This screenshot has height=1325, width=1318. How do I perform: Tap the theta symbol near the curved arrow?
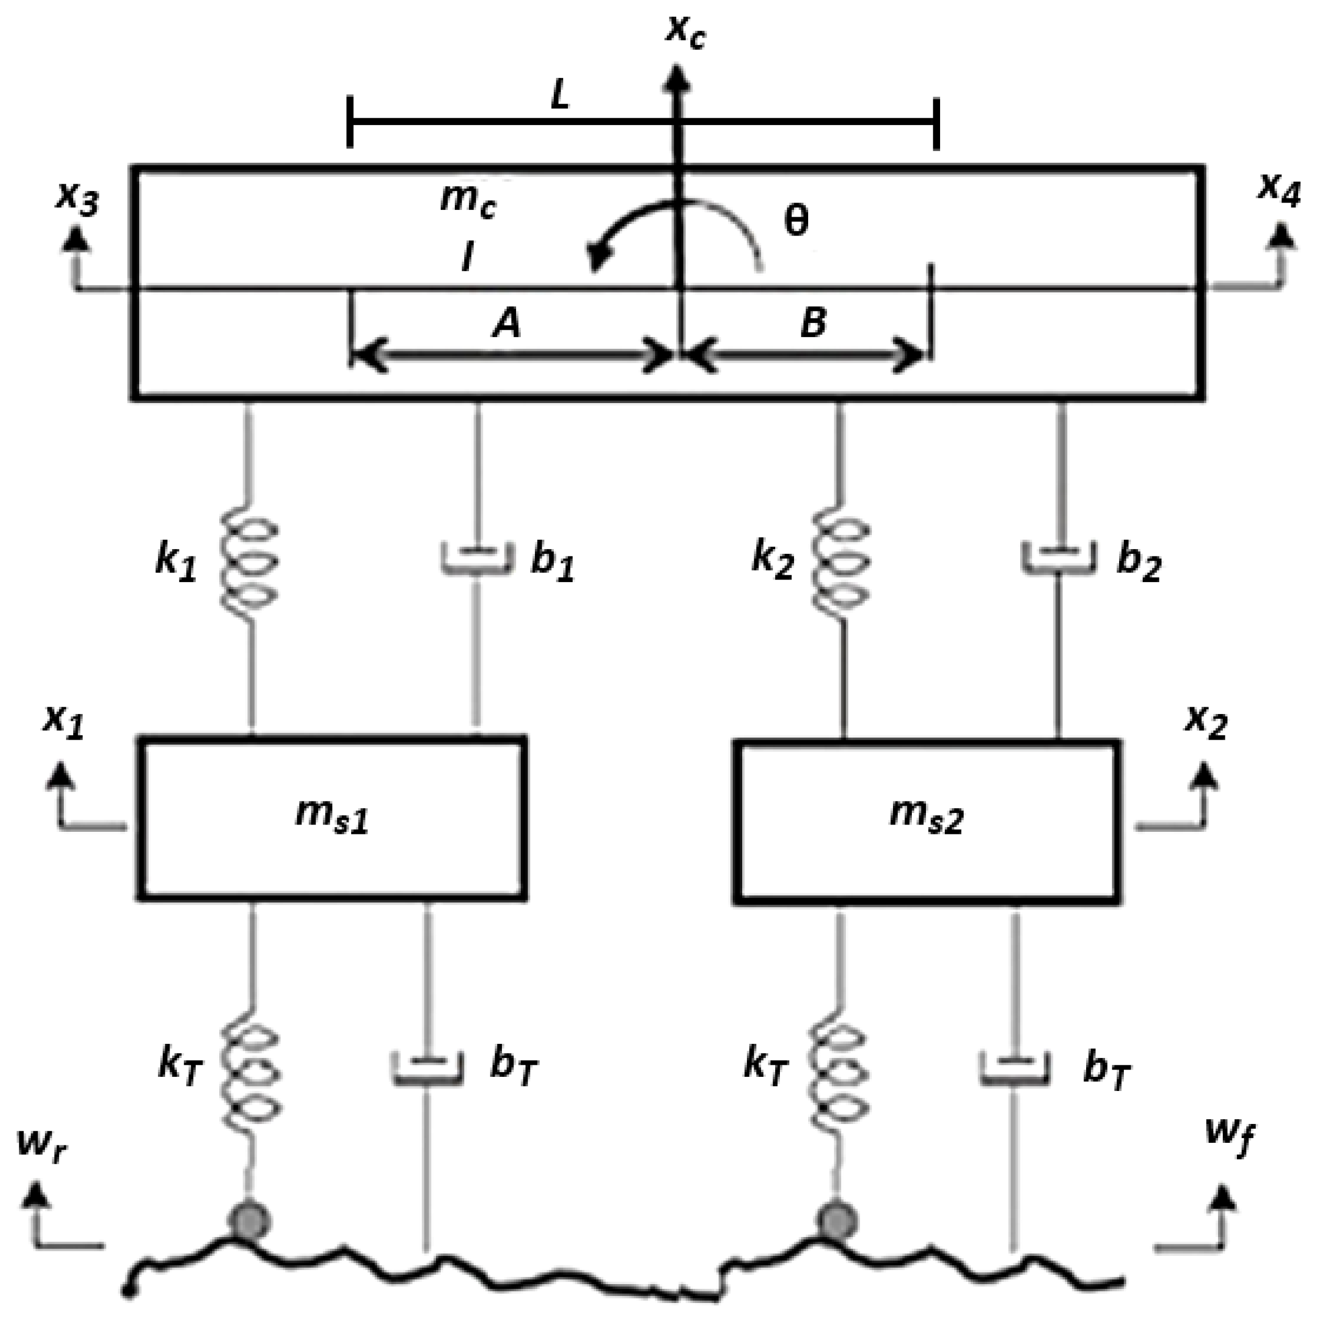click(796, 221)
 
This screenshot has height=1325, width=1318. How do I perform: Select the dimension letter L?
click(560, 97)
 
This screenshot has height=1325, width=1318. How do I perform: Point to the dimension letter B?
click(813, 322)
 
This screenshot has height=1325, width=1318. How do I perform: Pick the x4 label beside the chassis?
click(1278, 191)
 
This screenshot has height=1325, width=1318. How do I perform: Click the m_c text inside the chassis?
click(467, 201)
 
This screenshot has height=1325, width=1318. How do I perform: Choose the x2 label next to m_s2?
click(1207, 722)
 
